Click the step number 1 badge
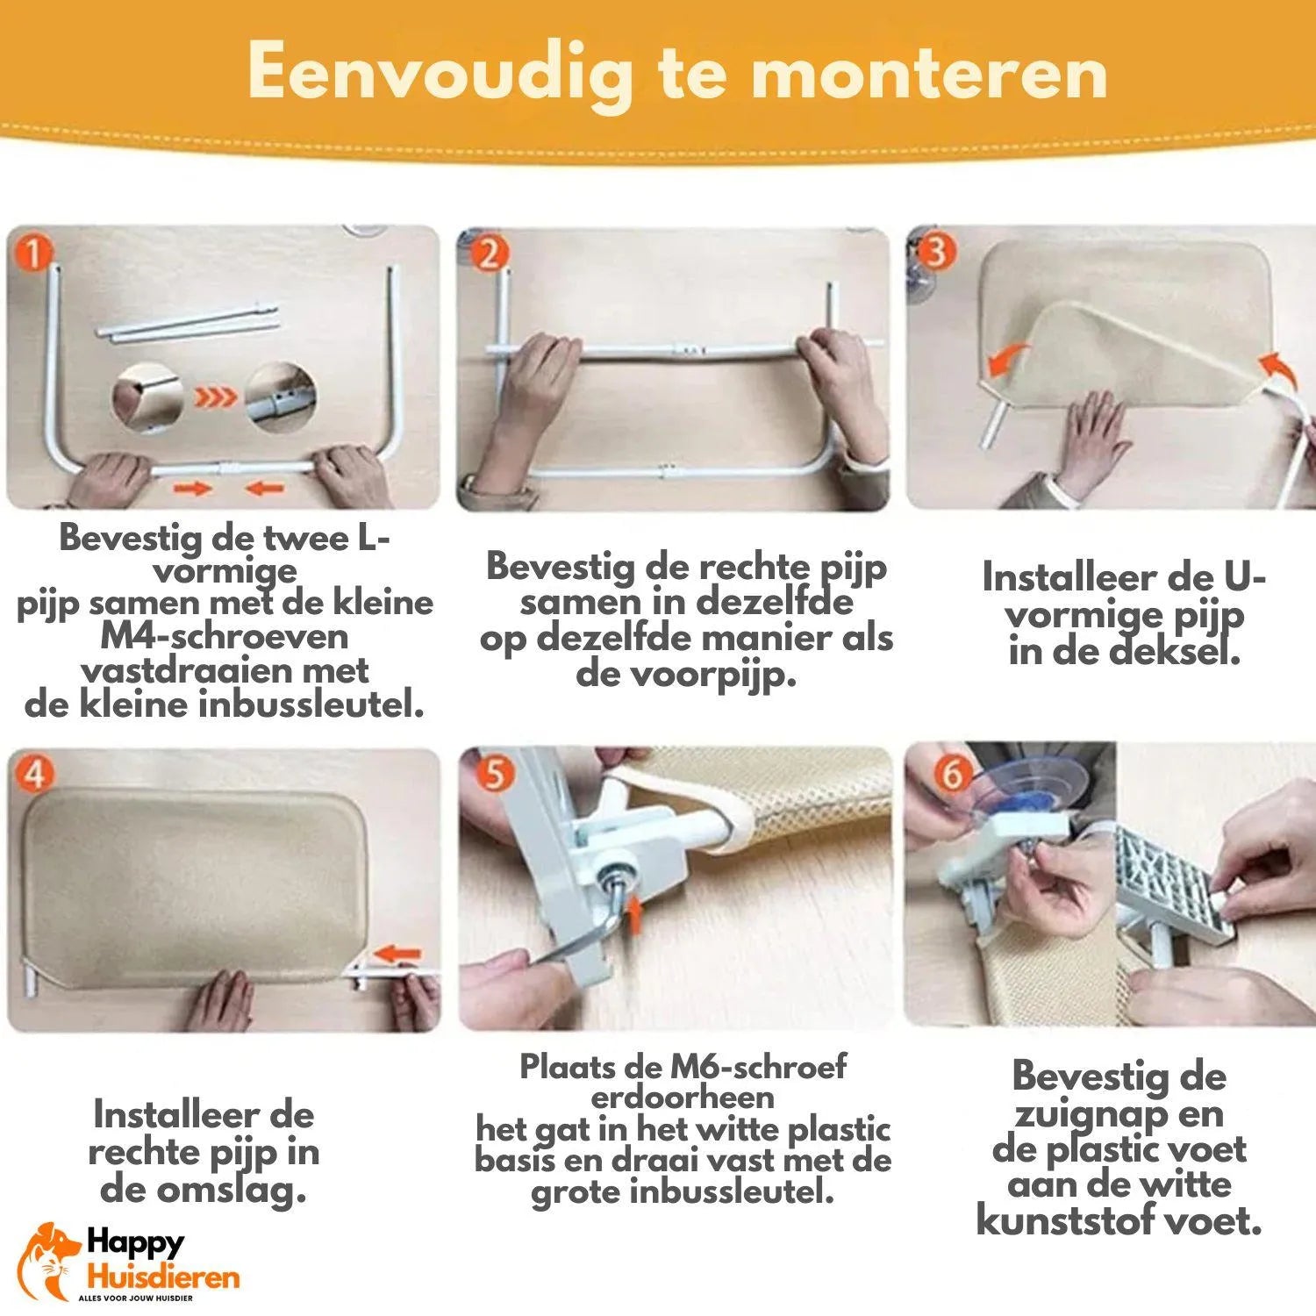point(33,254)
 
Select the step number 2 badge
point(489,254)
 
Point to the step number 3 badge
point(936,252)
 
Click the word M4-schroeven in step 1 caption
point(225,637)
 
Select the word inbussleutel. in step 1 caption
point(312,705)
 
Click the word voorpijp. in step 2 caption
point(686,676)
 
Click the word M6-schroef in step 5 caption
point(758,1067)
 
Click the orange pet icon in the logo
point(49,1261)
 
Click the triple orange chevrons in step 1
point(214,398)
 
